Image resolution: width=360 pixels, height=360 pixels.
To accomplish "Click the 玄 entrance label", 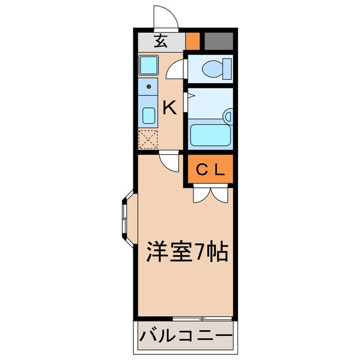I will (x=161, y=40).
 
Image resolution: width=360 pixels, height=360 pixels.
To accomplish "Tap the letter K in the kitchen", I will (x=170, y=107).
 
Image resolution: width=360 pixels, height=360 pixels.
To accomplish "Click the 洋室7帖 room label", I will (x=187, y=251).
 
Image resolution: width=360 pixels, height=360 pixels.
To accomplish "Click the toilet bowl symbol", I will (x=214, y=68).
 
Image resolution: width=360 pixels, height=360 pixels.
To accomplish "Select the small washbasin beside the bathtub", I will (x=227, y=116).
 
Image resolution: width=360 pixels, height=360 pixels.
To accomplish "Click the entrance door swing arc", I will (x=166, y=17).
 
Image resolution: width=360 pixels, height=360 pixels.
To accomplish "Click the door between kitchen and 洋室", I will (x=168, y=161).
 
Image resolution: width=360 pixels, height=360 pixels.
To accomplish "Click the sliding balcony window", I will (x=201, y=318).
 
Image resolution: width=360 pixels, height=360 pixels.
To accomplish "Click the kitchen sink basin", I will (x=149, y=115).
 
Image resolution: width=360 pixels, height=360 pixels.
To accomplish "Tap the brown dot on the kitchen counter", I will (x=148, y=87).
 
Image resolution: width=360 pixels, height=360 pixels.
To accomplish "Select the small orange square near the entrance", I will (x=193, y=40).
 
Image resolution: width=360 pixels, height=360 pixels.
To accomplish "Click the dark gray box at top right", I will (x=218, y=40).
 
